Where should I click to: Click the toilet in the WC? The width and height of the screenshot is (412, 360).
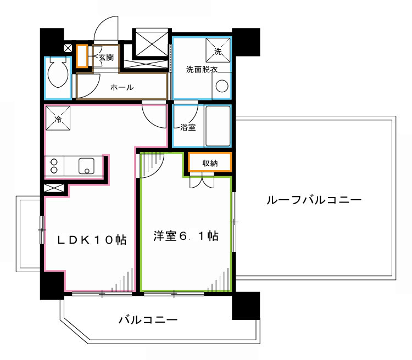pyautogui.click(x=57, y=74)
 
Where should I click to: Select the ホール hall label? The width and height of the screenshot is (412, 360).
pyautogui.click(x=121, y=87)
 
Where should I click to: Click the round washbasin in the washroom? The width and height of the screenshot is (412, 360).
pyautogui.click(x=221, y=87)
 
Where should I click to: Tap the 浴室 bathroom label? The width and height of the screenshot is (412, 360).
pyautogui.click(x=188, y=128)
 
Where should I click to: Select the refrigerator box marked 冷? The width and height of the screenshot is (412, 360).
pyautogui.click(x=58, y=117)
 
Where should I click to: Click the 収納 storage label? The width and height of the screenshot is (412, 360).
pyautogui.click(x=210, y=162)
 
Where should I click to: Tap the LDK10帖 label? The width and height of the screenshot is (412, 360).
pyautogui.click(x=93, y=240)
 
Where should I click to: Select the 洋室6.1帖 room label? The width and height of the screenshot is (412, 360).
pyautogui.click(x=186, y=237)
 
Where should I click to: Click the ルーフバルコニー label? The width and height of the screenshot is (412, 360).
pyautogui.click(x=314, y=201)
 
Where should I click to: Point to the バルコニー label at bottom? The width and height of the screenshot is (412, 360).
pyautogui.click(x=148, y=320)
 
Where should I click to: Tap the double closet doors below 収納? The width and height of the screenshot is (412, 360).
pyautogui.click(x=202, y=179)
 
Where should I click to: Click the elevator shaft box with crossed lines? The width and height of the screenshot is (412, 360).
pyautogui.click(x=151, y=42)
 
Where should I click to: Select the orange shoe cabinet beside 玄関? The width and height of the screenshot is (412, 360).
pyautogui.click(x=82, y=56)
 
